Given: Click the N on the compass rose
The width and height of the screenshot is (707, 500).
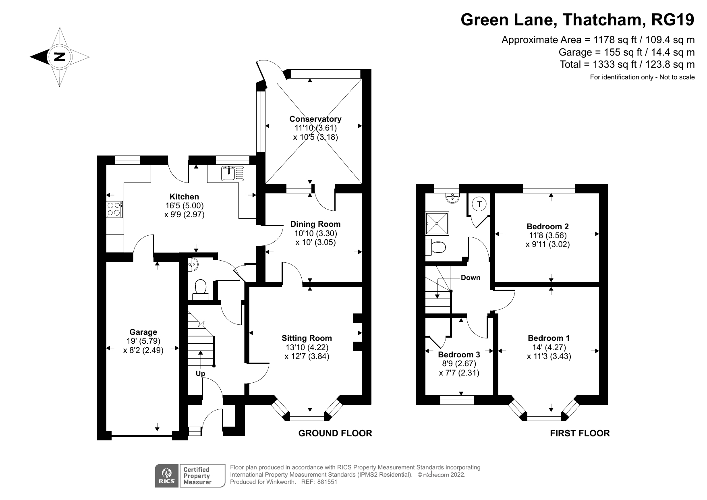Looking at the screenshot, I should [60, 56].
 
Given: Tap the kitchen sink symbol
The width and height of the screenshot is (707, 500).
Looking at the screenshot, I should [232, 174].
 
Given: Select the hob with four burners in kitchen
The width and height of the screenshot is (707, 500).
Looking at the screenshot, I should [114, 209].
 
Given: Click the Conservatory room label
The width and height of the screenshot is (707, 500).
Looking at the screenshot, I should [315, 119].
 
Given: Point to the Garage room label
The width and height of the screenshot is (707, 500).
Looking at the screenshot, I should [143, 332].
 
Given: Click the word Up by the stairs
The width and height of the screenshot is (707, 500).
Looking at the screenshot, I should [200, 373].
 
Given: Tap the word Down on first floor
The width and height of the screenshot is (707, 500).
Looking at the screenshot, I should [471, 278].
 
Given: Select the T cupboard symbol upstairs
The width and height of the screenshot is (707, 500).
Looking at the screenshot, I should [479, 204].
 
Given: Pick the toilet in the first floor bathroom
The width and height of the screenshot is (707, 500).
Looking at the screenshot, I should [437, 247].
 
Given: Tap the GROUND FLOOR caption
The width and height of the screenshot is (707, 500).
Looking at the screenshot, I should [335, 433].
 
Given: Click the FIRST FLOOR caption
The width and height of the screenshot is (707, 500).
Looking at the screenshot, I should [580, 433].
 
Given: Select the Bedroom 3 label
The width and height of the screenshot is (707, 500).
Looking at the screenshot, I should [459, 355].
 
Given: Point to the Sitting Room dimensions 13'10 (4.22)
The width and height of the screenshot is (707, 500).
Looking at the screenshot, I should [307, 347].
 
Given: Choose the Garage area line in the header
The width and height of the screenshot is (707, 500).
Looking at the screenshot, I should [626, 52].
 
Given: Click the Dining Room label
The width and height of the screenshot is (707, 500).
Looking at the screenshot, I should [315, 224].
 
